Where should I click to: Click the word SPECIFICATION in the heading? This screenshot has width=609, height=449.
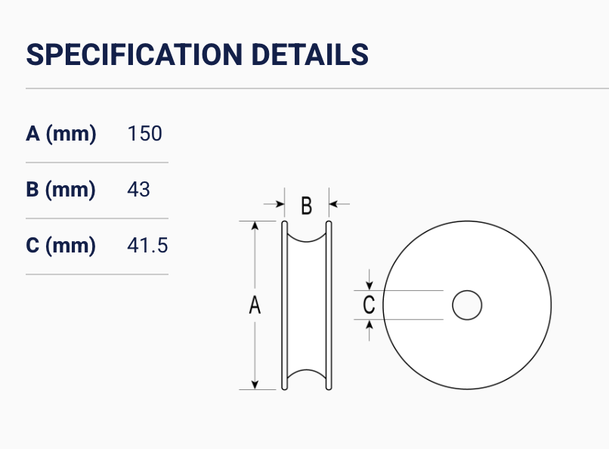pos(134,54)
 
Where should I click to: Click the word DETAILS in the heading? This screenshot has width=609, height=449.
pos(310,54)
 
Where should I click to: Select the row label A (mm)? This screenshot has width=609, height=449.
pos(61,134)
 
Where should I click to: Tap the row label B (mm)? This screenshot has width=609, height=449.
pos(60,190)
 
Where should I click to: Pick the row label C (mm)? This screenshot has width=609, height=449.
pos(60,246)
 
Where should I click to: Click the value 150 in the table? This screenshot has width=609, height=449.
pos(144,134)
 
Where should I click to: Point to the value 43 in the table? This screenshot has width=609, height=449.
pos(139,190)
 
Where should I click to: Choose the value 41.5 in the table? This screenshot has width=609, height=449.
pos(147,246)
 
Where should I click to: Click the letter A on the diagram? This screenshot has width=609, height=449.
pos(255,305)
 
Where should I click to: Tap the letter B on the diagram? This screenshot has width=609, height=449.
pos(307,206)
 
